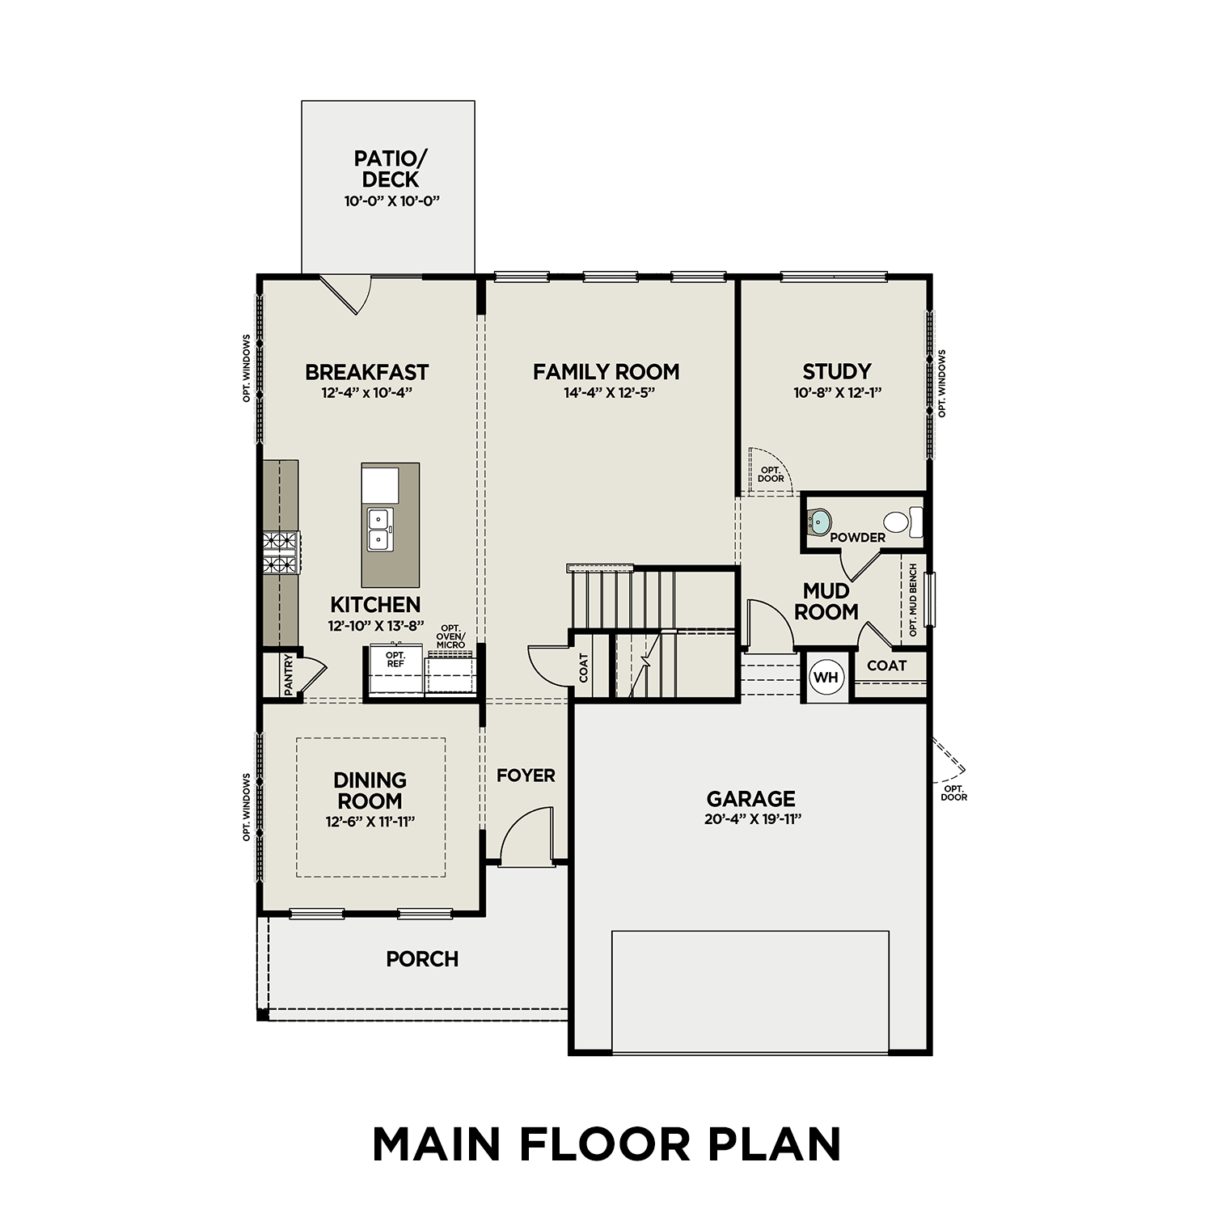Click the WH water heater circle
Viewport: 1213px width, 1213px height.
(826, 678)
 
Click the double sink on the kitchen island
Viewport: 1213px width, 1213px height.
(378, 529)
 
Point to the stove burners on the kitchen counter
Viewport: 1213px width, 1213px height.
(281, 552)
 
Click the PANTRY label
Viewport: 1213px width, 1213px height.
(289, 675)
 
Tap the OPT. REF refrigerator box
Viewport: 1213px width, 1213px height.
(395, 670)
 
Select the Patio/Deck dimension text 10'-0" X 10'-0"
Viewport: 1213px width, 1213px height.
(391, 201)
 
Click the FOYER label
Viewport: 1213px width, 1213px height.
(526, 776)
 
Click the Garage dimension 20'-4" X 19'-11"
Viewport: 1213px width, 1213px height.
(751, 818)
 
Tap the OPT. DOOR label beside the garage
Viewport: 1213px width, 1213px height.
(953, 792)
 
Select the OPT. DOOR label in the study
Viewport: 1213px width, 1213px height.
(771, 474)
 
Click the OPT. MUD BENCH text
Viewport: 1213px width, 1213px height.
(913, 600)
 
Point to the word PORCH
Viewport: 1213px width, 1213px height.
(422, 959)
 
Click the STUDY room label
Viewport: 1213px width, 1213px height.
(836, 372)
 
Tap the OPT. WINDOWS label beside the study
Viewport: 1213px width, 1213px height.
(941, 383)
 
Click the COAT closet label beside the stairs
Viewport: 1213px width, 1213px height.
(584, 668)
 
